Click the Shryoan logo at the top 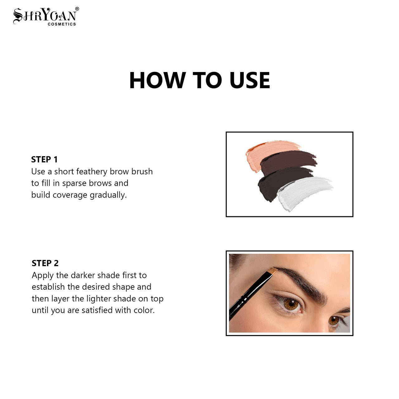pyautogui.click(x=45, y=15)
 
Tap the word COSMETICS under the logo pyautogui.click(x=62, y=24)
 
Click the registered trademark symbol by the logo pyautogui.click(x=77, y=9)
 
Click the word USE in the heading pyautogui.click(x=250, y=80)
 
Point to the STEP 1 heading pyautogui.click(x=44, y=160)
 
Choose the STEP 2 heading pyautogui.click(x=45, y=263)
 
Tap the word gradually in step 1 pyautogui.click(x=108, y=195)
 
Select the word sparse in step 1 pyautogui.click(x=74, y=183)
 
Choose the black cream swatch pyautogui.click(x=276, y=184)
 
